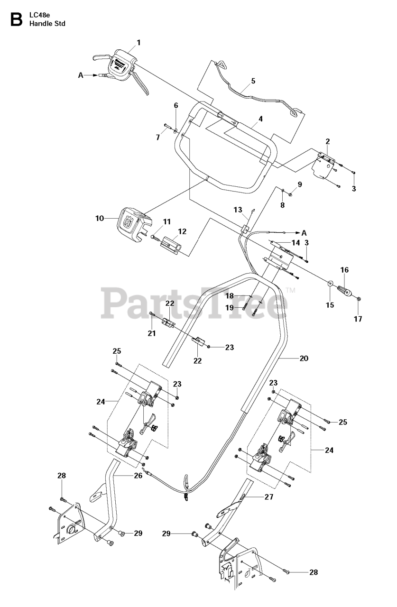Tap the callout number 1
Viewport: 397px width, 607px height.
139,43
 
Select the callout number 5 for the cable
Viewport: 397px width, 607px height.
253,81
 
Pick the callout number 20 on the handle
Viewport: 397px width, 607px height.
304,359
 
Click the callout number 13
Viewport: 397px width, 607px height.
238,209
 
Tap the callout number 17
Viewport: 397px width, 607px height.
358,319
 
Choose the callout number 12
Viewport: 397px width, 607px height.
182,231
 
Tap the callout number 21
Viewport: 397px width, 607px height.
151,333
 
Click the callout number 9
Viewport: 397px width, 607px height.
299,184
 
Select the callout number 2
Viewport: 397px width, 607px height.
327,141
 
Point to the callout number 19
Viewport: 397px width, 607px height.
230,308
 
